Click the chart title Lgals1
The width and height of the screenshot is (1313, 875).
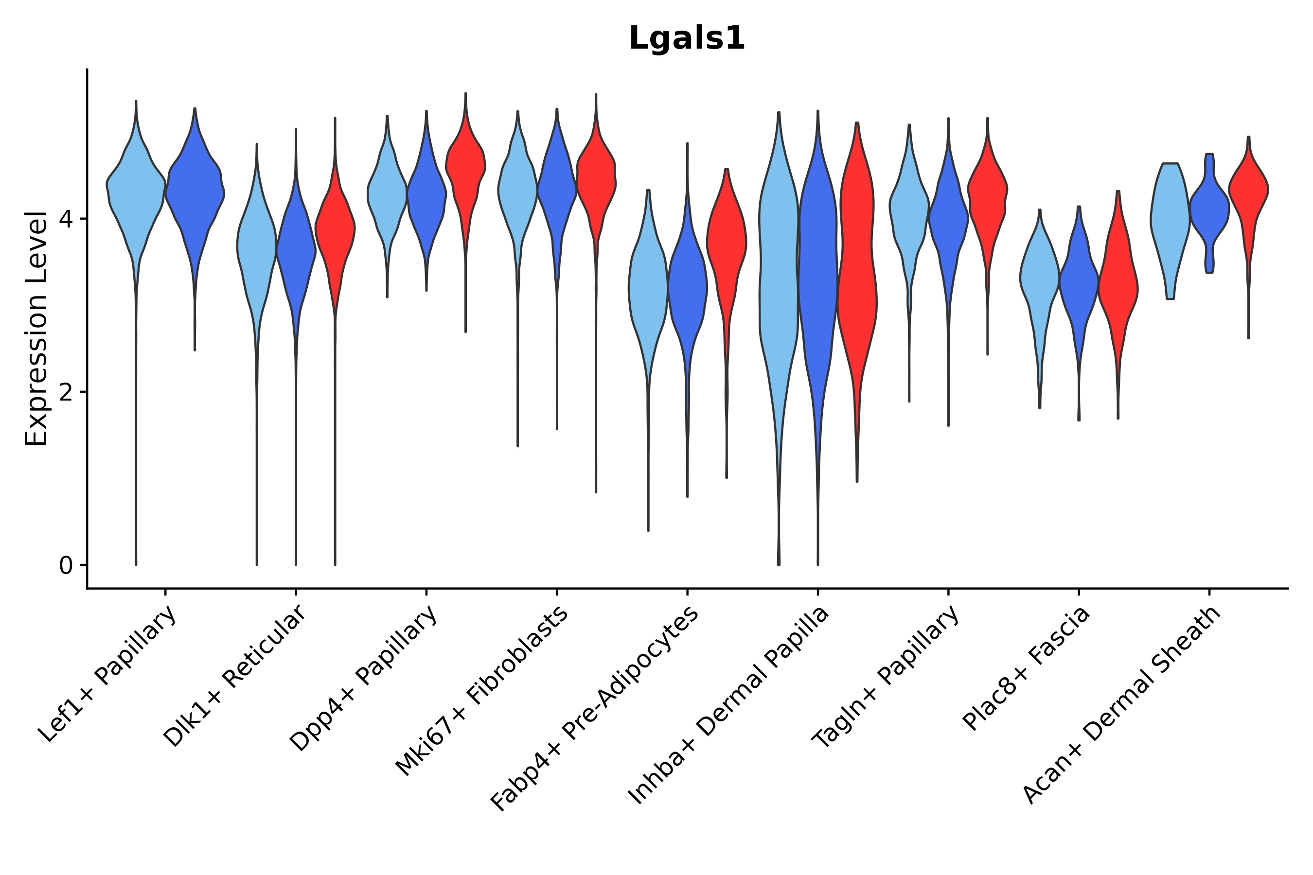(687, 39)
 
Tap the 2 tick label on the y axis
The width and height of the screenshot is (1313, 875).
(66, 392)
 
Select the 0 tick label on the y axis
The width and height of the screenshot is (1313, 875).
(66, 566)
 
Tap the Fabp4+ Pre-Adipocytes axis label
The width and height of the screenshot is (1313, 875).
(595, 709)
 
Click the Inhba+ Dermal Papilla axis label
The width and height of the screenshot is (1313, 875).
(729, 705)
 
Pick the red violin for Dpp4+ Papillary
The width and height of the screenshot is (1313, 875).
(465, 167)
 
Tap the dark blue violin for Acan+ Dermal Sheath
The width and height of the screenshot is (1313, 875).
(1209, 209)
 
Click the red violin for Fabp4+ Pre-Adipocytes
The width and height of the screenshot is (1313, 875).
(726, 240)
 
